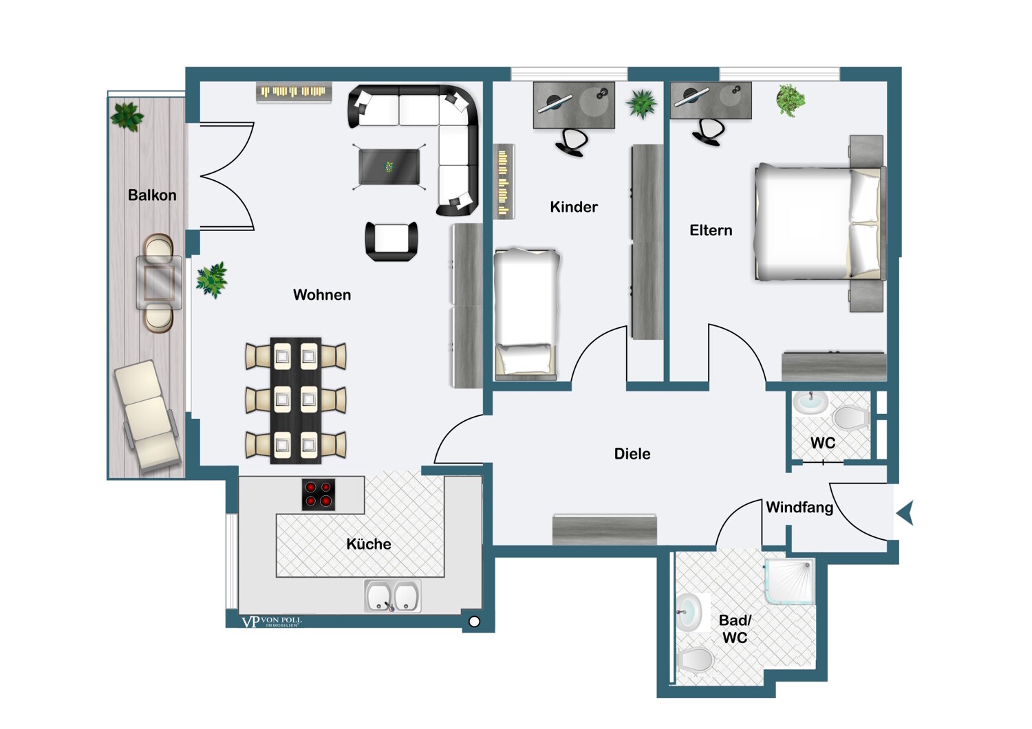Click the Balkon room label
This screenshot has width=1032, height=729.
pos(152,195)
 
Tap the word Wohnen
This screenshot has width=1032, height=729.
pos(322,295)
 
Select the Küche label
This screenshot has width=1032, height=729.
pos(369,544)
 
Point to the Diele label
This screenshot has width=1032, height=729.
pos(632,454)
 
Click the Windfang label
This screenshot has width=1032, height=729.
pos(799,508)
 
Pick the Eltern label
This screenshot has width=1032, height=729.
pos(711,230)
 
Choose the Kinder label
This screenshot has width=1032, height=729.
pos(574,207)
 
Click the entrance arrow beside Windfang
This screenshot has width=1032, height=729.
pos(905,513)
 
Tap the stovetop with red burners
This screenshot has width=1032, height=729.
pos(319,494)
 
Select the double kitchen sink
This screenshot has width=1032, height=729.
pos(393,596)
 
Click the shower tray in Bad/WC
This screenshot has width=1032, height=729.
pos(790,581)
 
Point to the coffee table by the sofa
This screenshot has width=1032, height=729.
pos(389,166)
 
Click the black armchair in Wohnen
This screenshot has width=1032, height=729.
pos(391,241)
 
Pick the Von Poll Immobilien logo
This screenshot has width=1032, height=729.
pos(272,622)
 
